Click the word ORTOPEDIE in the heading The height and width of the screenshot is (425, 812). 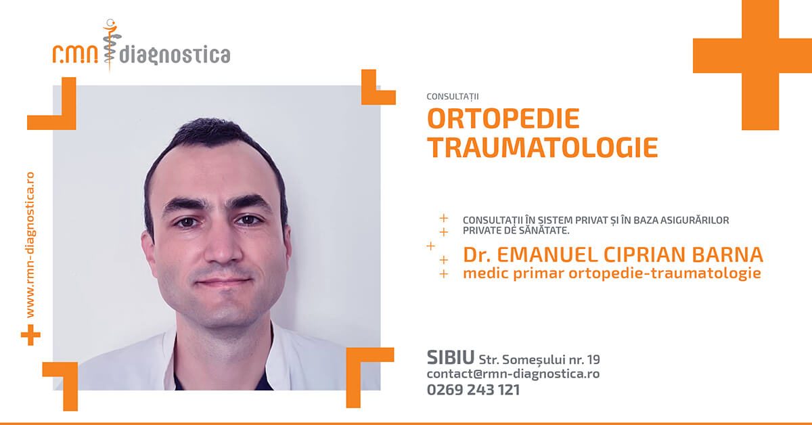(503, 118)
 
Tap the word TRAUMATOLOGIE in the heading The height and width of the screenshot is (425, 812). (543, 148)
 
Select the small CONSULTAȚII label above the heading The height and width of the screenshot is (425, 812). (453, 97)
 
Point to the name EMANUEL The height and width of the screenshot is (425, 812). (547, 254)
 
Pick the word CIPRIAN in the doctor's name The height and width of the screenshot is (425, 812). (644, 254)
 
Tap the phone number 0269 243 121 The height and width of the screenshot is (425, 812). (474, 390)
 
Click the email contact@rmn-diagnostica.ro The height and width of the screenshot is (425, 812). (514, 374)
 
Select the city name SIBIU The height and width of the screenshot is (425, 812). (451, 357)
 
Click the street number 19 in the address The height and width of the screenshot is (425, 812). (593, 359)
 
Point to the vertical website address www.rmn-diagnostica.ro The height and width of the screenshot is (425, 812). (30, 245)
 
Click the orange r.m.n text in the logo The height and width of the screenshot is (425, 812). (75, 54)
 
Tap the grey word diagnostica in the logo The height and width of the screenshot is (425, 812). (175, 55)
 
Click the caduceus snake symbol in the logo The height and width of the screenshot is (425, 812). (110, 45)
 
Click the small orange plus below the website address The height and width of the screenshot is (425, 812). (31, 335)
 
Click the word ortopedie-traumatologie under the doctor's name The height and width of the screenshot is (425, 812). (664, 273)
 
